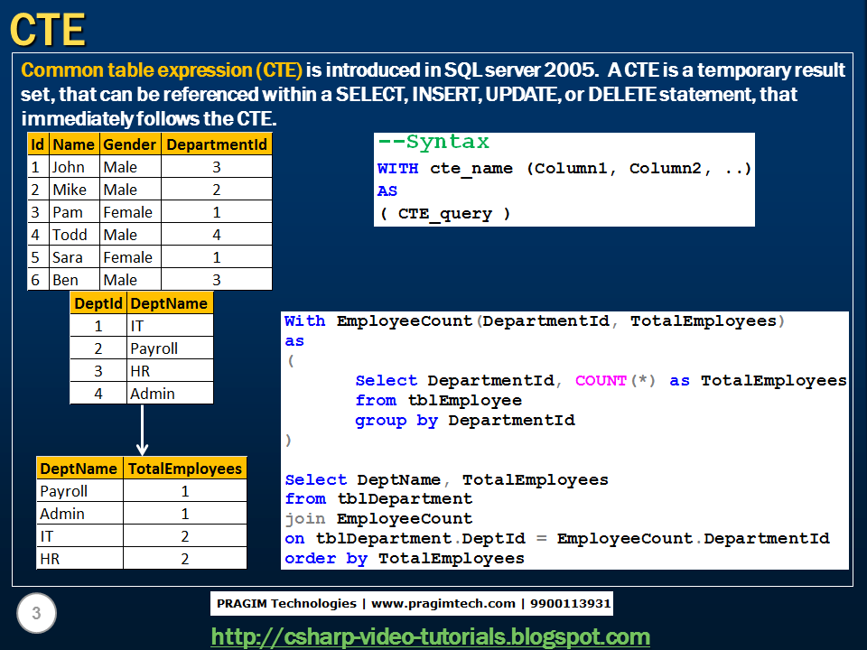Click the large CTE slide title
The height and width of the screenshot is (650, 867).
click(x=48, y=30)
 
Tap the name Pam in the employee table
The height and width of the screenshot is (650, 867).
click(x=67, y=212)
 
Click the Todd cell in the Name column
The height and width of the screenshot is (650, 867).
click(x=70, y=235)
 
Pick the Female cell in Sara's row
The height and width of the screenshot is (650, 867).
click(x=127, y=257)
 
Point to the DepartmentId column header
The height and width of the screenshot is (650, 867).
click(x=217, y=144)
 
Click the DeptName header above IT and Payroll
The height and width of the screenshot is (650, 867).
click(x=168, y=303)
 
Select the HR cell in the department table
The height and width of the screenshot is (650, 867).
click(x=140, y=371)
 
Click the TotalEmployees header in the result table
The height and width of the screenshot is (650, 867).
click(x=185, y=469)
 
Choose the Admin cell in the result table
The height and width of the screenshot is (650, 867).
click(x=62, y=514)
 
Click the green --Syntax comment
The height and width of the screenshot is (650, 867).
click(x=433, y=143)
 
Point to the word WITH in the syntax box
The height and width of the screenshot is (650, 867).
click(x=397, y=169)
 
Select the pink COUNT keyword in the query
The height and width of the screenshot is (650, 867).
click(x=600, y=381)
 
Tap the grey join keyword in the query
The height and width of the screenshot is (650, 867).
click(x=305, y=519)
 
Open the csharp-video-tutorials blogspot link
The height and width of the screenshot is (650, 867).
click(x=430, y=636)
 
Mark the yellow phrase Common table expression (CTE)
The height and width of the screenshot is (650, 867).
click(x=162, y=70)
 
